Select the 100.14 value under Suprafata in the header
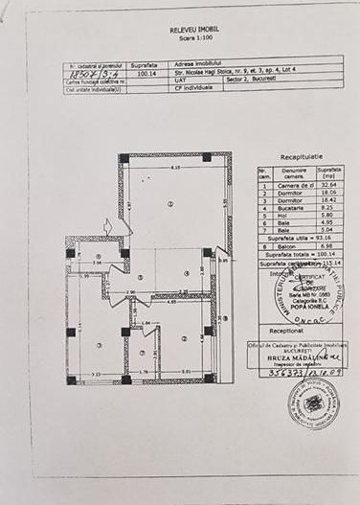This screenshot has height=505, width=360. (x=146, y=70)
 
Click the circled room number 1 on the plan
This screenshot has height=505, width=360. (x=169, y=204)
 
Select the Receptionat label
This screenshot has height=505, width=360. (x=300, y=328)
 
